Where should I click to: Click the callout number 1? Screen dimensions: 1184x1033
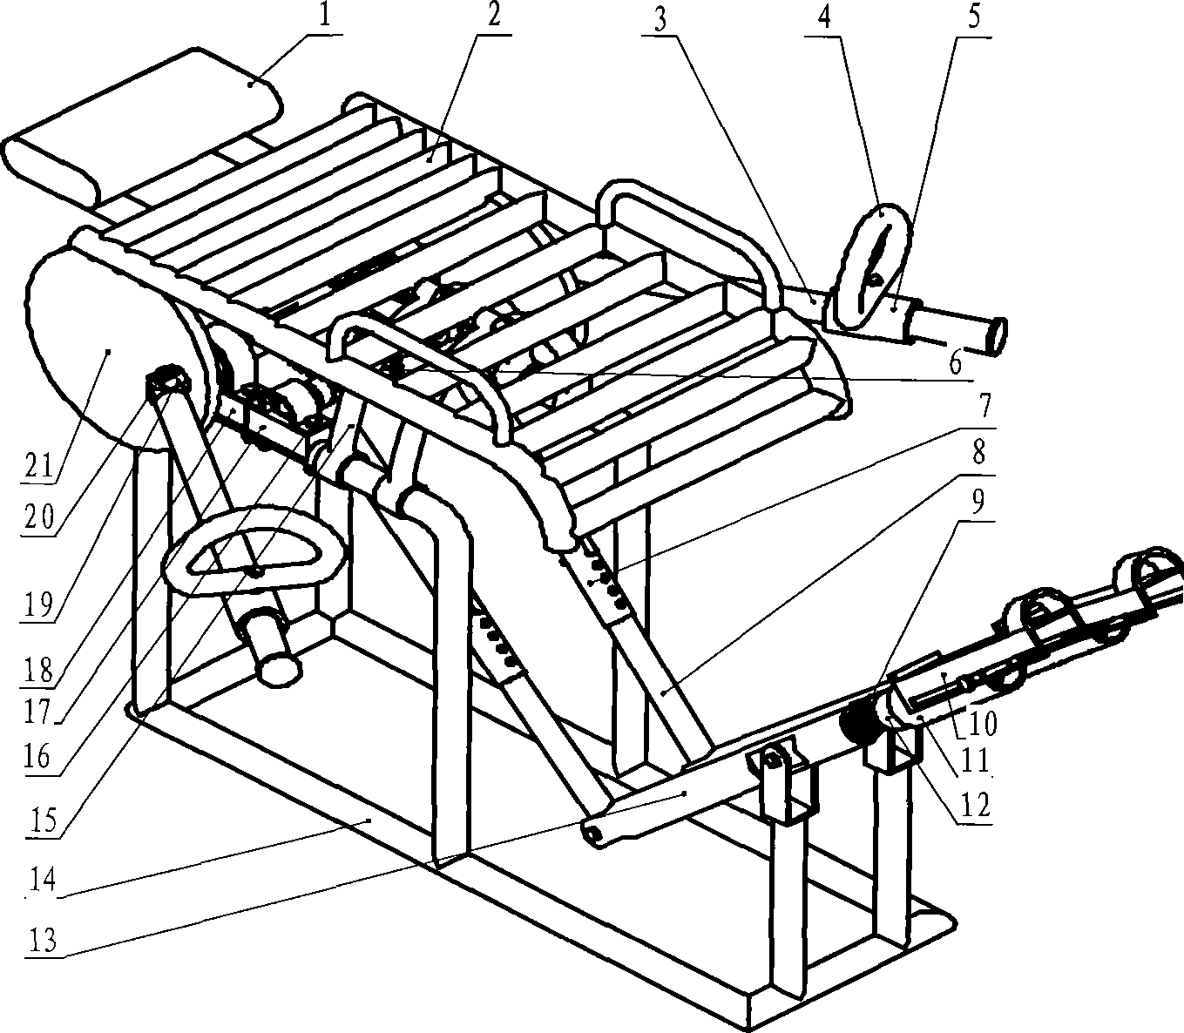(325, 17)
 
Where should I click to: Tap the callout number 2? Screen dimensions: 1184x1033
(492, 17)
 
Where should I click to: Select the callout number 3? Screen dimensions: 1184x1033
(660, 20)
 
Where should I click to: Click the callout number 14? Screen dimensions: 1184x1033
(42, 881)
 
